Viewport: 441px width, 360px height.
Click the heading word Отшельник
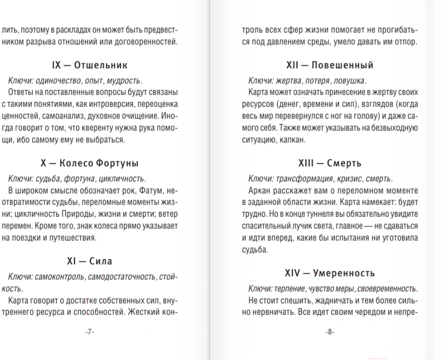point(101,64)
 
